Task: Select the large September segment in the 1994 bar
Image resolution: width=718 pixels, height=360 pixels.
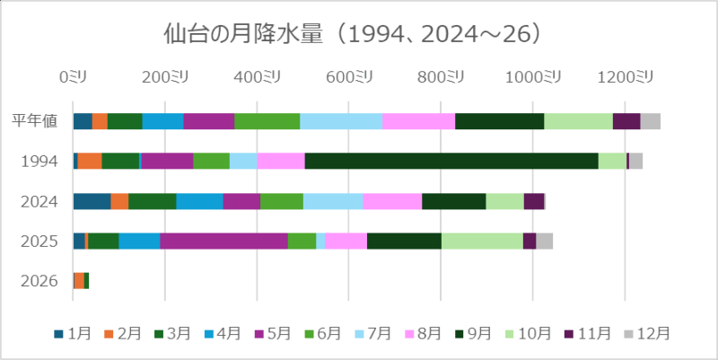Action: [451, 161]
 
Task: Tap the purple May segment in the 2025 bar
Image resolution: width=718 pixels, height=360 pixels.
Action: [223, 241]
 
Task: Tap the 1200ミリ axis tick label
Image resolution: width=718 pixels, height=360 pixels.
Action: [627, 78]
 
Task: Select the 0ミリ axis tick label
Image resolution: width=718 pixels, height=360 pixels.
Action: [73, 78]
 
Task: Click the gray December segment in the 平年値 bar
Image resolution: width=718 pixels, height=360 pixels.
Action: [650, 121]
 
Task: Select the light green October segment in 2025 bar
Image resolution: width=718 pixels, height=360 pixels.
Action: [481, 241]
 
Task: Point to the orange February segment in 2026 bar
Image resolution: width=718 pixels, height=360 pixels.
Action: [79, 280]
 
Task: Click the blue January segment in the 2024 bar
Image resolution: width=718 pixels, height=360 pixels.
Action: [92, 201]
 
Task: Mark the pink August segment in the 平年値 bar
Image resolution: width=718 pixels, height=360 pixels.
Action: [418, 121]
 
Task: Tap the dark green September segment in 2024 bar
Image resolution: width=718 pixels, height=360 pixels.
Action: [453, 201]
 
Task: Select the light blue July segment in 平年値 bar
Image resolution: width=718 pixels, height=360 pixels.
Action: [340, 121]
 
